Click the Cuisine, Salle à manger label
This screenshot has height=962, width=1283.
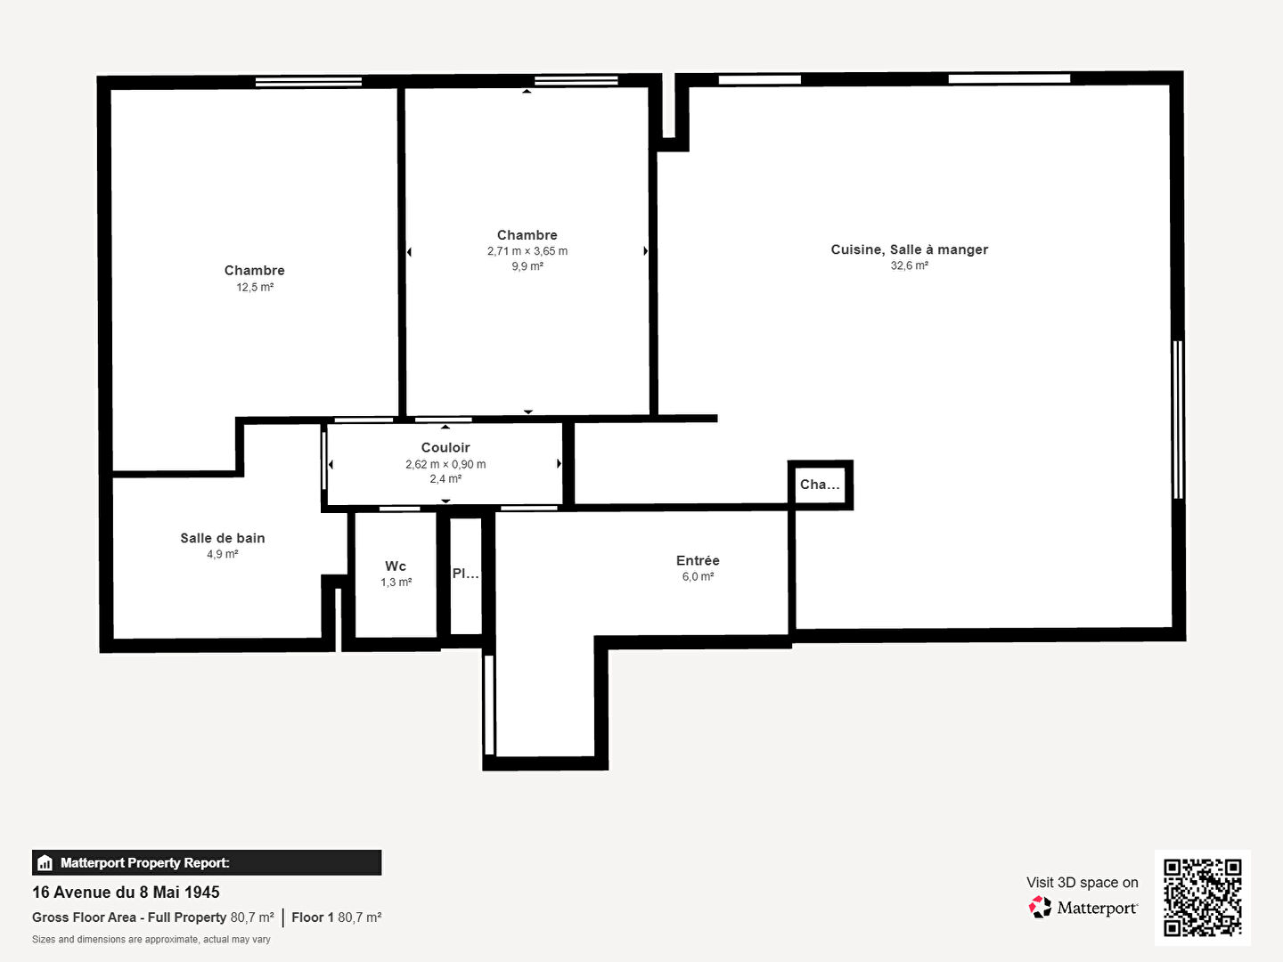(909, 250)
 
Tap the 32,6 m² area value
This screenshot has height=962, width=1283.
(909, 265)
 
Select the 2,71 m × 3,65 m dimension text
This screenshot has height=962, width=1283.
(527, 251)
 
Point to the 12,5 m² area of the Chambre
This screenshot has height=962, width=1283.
(255, 287)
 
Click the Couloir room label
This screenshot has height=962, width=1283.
(445, 447)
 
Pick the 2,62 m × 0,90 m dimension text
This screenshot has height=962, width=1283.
(445, 464)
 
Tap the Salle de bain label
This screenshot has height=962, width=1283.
(222, 538)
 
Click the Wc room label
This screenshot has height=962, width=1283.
(396, 566)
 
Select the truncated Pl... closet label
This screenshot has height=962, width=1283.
(466, 574)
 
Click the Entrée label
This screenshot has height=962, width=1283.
(698, 560)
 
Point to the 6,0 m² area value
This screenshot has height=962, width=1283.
(698, 576)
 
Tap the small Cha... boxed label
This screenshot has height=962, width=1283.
(820, 485)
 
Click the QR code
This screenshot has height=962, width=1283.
(1202, 897)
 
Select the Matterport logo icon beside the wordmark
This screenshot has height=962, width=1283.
(1040, 907)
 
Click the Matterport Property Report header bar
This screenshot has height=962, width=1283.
(207, 863)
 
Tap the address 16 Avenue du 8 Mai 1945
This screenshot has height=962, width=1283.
(126, 892)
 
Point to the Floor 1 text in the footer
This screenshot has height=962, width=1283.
(313, 917)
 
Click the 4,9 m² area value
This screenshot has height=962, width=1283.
(222, 554)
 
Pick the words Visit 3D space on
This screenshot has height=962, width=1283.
(1082, 883)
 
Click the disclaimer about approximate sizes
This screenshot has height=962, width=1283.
(151, 939)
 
